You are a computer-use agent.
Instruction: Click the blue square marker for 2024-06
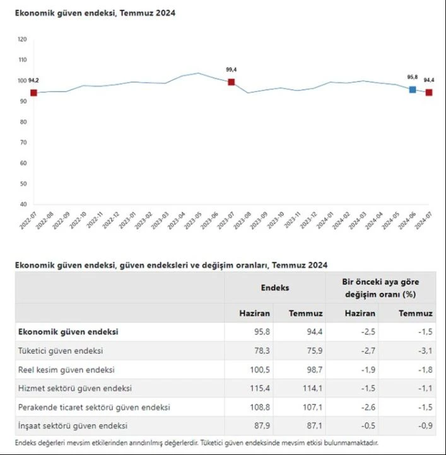click(413, 90)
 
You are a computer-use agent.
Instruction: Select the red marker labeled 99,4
click(232, 82)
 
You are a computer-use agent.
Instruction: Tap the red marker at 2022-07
click(34, 93)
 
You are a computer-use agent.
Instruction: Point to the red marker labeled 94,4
click(429, 92)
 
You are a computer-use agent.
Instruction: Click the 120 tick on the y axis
click(23, 39)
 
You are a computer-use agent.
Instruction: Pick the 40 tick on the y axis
click(23, 204)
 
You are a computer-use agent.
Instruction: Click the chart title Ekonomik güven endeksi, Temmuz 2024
click(95, 13)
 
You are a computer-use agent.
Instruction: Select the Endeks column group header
click(275, 288)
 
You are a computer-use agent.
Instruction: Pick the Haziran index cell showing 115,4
click(261, 388)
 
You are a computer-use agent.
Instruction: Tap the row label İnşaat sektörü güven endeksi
click(73, 426)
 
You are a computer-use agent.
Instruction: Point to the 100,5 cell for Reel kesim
click(259, 370)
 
